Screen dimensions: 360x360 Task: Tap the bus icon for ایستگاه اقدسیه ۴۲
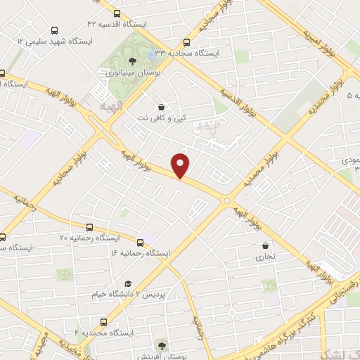coord(116,13)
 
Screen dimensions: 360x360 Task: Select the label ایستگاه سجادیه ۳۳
coord(186,53)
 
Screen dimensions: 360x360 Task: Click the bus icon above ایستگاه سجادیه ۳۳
coord(186,42)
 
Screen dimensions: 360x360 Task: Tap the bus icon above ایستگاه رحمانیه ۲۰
coord(89,227)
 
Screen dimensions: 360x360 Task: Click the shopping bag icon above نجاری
coord(264,246)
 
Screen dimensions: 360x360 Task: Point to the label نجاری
coord(264,257)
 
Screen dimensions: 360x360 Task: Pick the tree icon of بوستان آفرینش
coord(162,346)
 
